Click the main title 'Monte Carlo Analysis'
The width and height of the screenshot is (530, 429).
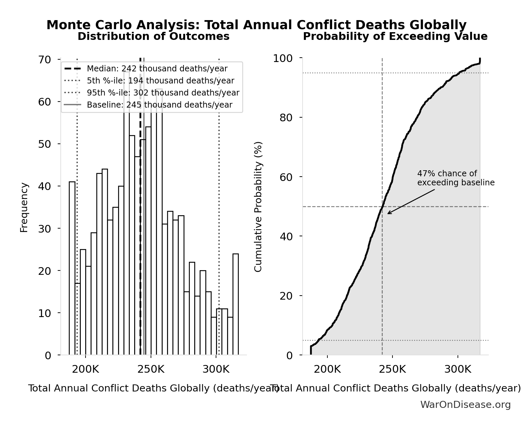pyautogui.click(x=256, y=25)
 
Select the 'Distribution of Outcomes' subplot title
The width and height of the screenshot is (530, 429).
pyautogui.click(x=154, y=37)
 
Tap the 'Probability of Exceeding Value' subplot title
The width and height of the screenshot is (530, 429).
pyautogui.click(x=395, y=37)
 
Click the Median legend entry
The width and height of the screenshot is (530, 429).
pyautogui.click(x=157, y=69)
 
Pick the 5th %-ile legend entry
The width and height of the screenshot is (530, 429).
pyautogui.click(x=160, y=81)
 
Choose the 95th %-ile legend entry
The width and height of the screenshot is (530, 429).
pyautogui.click(x=163, y=93)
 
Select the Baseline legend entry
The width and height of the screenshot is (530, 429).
pyautogui.click(x=159, y=105)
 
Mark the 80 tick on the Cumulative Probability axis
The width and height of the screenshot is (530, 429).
pyautogui.click(x=286, y=118)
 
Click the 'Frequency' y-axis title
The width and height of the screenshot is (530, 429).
pyautogui.click(x=24, y=207)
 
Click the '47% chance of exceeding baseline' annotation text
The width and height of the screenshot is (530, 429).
pyautogui.click(x=456, y=178)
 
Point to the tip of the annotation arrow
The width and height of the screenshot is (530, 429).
pyautogui.click(x=388, y=213)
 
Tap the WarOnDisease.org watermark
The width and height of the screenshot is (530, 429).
pyautogui.click(x=465, y=405)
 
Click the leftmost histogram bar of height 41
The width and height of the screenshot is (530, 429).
pyautogui.click(x=72, y=268)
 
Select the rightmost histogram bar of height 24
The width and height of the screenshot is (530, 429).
pyautogui.click(x=235, y=304)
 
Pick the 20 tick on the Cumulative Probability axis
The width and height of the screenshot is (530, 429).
pyautogui.click(x=286, y=296)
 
